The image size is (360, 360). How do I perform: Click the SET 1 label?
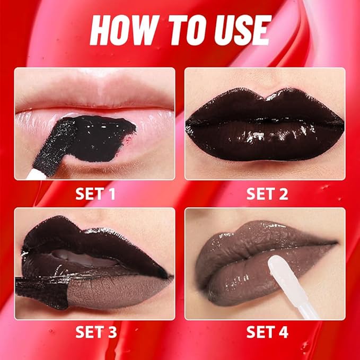(x=95, y=194)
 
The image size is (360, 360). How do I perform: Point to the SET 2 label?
(x=267, y=194)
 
